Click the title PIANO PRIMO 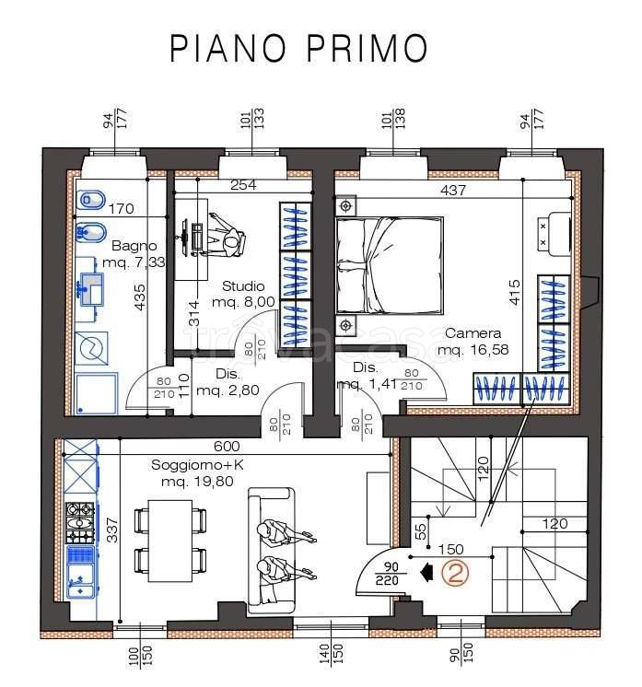pyautogui.click(x=298, y=48)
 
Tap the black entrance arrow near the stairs pyautogui.click(x=425, y=574)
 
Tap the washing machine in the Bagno pyautogui.click(x=93, y=346)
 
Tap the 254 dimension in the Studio pyautogui.click(x=242, y=185)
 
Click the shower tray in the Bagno pyautogui.click(x=95, y=393)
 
